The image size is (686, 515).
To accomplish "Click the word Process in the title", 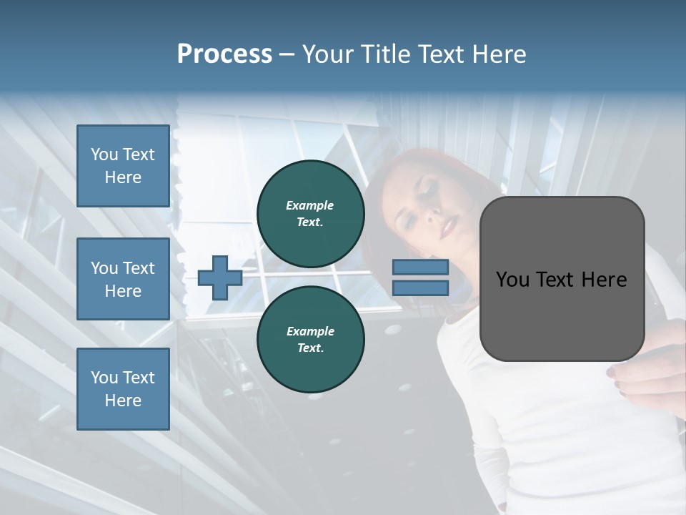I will click(x=224, y=54).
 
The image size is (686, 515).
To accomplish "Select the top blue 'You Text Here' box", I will click(x=123, y=166).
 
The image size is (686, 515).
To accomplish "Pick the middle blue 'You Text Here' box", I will click(x=123, y=279).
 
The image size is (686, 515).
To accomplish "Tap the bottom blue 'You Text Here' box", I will click(x=123, y=389).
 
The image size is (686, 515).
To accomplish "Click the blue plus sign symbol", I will click(x=219, y=277).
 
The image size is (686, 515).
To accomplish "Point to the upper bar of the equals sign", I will click(x=420, y=267).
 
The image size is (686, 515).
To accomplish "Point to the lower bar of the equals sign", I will click(x=420, y=288).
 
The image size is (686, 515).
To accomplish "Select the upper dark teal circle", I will click(x=311, y=213).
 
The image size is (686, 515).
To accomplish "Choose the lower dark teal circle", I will click(x=311, y=339).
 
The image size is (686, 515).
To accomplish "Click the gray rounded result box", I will click(x=562, y=279).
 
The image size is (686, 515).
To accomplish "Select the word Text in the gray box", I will click(x=561, y=280).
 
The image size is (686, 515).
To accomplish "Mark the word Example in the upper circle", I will click(x=309, y=205).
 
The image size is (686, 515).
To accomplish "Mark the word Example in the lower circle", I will click(x=310, y=331).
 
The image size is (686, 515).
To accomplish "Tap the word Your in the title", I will click(x=327, y=54).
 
